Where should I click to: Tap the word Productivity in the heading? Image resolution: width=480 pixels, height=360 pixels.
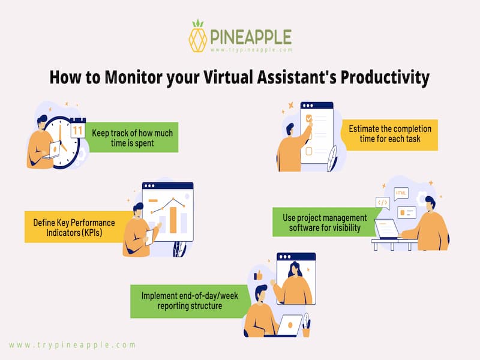(x=385, y=78)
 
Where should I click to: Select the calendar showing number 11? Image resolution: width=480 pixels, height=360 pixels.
(x=78, y=128)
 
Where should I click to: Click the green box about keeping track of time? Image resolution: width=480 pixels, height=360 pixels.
(x=131, y=137)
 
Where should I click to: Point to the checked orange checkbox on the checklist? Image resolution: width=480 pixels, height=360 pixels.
(x=309, y=118)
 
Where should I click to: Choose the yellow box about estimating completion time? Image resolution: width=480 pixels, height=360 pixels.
(x=389, y=134)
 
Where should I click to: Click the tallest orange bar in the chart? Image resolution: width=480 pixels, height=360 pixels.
(x=173, y=220)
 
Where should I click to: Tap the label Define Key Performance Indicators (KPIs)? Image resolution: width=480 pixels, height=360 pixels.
(x=74, y=227)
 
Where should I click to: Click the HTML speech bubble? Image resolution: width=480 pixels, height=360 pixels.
(x=401, y=193)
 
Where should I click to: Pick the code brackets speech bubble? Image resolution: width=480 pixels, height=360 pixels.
(x=383, y=203)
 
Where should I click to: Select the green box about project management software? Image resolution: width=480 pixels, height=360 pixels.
(x=325, y=222)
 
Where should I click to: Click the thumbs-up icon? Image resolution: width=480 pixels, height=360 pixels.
(x=259, y=275)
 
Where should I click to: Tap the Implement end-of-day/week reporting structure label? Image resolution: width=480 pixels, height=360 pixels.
(x=190, y=301)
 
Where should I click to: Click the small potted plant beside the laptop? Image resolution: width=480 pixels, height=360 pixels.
(x=306, y=325)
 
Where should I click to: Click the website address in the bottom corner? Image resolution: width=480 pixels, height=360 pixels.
(x=73, y=345)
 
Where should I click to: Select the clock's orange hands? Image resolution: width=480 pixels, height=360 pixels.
(x=62, y=139)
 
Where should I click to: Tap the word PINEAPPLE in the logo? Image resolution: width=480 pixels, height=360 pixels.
(x=251, y=37)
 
